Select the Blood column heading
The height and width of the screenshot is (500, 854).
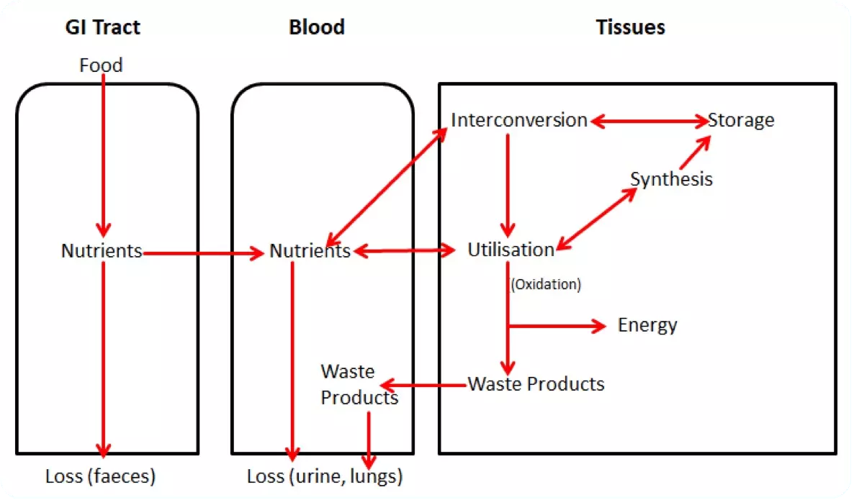[x=316, y=27]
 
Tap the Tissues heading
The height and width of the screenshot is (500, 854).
[x=630, y=27]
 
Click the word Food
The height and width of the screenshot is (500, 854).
[x=101, y=65]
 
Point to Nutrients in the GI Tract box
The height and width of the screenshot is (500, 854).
[x=102, y=251]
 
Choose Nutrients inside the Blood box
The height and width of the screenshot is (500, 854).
[x=310, y=251]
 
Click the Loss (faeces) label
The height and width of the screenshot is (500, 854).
[x=100, y=476]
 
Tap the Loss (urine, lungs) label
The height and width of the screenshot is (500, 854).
[x=324, y=476]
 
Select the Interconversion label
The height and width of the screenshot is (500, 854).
[x=519, y=120]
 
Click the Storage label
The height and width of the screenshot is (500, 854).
[x=741, y=120]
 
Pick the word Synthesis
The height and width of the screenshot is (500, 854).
[x=671, y=178]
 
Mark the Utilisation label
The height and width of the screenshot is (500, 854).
[x=511, y=250]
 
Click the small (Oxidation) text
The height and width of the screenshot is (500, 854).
[x=546, y=284]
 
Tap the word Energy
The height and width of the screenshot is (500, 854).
[x=647, y=325]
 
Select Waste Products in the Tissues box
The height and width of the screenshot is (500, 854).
[x=536, y=383]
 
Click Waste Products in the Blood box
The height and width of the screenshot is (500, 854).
[x=359, y=384]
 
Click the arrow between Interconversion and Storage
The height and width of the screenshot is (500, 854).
[x=648, y=122]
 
